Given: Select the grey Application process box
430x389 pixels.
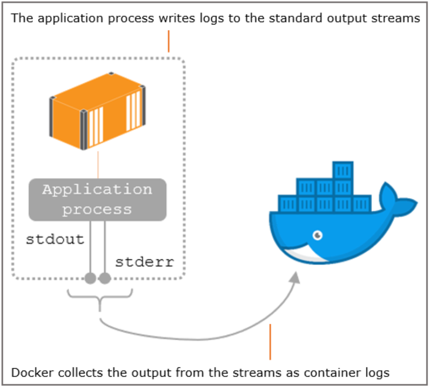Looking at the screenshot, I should [x=97, y=200].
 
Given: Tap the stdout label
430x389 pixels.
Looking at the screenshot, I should [x=55, y=239].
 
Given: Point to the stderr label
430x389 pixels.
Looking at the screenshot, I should [x=144, y=262].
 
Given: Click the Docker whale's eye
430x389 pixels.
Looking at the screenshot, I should [x=317, y=235].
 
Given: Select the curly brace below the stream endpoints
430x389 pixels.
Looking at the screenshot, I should [x=100, y=298].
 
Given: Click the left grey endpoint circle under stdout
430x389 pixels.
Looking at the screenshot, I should [x=90, y=278].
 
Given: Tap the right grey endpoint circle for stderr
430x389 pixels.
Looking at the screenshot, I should [x=105, y=278].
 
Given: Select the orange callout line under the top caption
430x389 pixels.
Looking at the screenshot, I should [x=169, y=41].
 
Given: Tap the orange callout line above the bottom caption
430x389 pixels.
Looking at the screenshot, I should [x=270, y=342].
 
